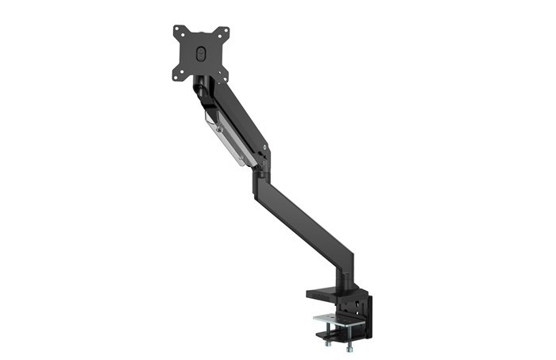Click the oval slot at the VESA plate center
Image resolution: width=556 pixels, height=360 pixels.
tap(201, 53)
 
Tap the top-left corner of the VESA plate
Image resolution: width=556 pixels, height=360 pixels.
tap(176, 31)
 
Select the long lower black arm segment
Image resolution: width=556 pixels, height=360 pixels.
tap(310, 218)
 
